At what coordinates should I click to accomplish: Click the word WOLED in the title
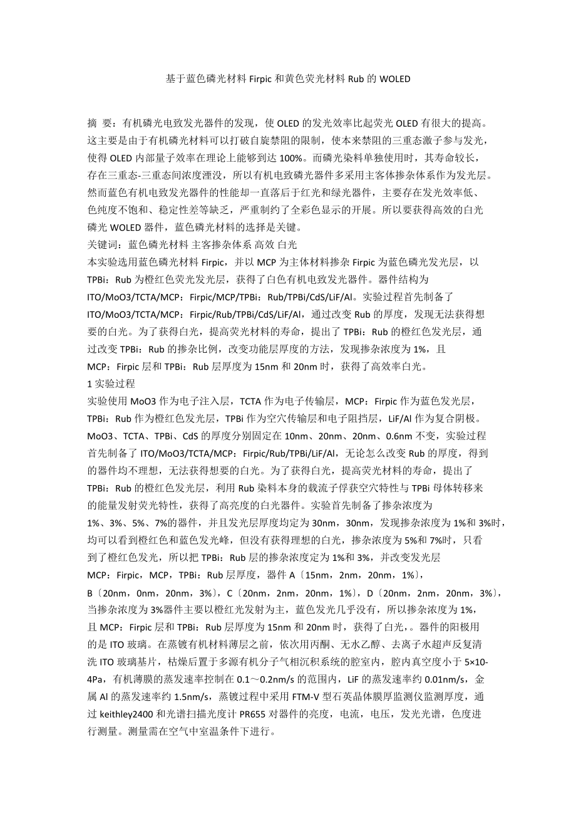pos(394,79)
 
